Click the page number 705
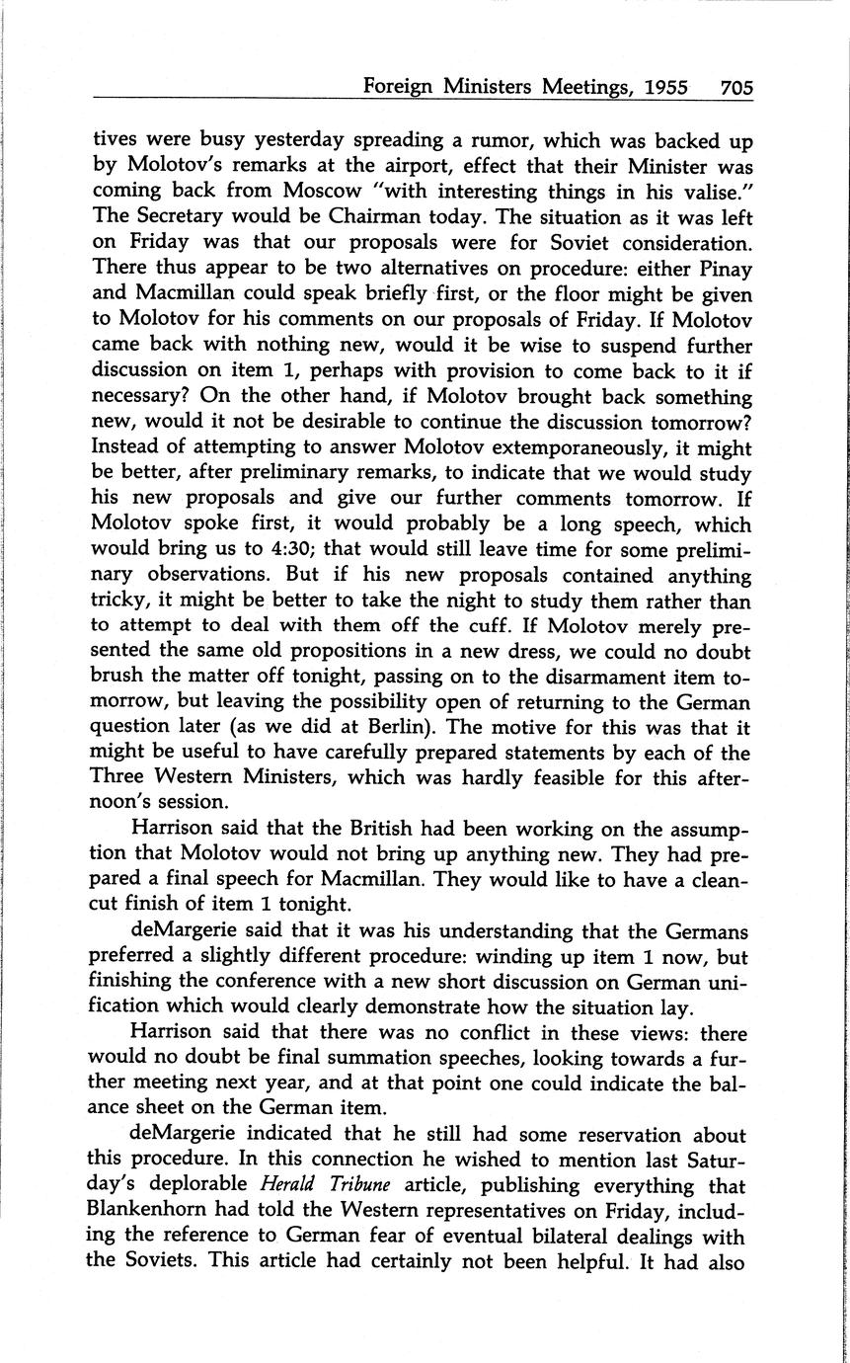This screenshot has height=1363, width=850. click(736, 87)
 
